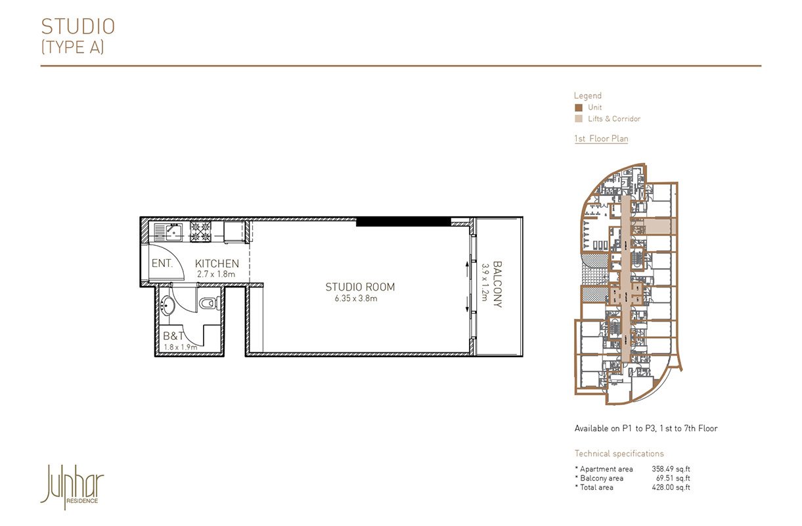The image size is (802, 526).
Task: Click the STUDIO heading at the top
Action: (78, 26)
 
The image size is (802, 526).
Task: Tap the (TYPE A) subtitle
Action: (72, 47)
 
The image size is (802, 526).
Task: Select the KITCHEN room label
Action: (217, 264)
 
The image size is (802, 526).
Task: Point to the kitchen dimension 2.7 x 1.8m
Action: (215, 274)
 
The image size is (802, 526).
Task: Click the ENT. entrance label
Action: (162, 264)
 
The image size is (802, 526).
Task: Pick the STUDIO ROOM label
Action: (360, 287)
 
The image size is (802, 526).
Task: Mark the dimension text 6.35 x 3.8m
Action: (355, 299)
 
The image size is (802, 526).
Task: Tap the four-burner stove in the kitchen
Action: (200, 231)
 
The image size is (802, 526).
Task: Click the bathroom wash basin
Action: (168, 304)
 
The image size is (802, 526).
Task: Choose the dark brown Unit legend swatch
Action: (578, 108)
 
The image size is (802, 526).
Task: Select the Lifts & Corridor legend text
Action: (613, 119)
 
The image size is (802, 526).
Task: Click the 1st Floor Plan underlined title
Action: (601, 139)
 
